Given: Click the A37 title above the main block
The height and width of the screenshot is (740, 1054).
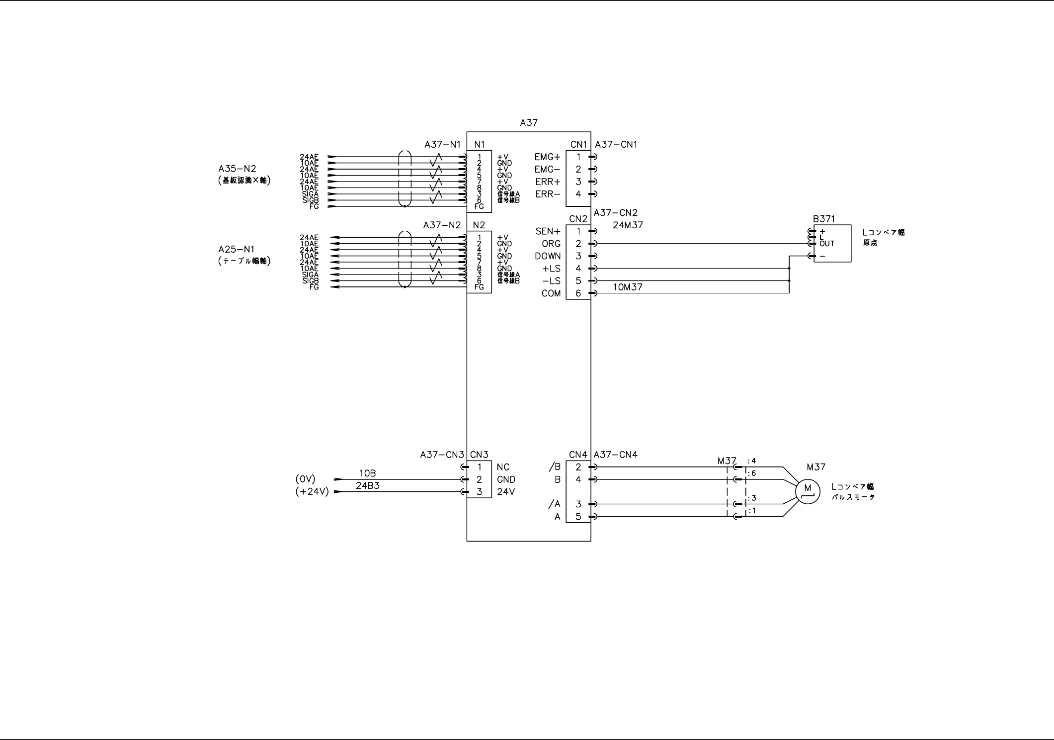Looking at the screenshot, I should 528,122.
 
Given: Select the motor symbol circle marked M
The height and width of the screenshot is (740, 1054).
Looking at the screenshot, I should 807,491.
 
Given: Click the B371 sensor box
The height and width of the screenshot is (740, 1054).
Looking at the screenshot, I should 832,244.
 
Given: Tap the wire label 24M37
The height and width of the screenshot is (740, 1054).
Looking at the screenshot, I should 628,225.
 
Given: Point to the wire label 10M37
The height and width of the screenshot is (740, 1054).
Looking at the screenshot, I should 628,287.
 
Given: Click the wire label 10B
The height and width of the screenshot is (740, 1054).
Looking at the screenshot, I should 368,473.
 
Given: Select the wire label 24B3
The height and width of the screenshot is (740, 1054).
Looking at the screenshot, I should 368,486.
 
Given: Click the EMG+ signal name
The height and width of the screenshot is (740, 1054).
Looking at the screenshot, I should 547,157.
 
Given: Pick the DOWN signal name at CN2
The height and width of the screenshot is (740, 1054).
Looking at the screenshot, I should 548,256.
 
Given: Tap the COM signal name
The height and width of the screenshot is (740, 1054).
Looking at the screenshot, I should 551,293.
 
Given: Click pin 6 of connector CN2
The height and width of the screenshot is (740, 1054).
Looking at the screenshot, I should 578,293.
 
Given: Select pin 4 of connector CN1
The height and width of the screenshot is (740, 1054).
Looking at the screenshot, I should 578,194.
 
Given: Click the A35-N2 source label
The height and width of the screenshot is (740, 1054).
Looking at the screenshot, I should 237,169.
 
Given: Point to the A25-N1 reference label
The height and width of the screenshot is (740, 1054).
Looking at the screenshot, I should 236,249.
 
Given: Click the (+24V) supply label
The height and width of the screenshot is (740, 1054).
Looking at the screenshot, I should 312,492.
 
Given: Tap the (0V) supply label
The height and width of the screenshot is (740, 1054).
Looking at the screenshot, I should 305,479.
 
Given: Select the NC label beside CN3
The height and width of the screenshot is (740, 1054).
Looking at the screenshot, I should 503,467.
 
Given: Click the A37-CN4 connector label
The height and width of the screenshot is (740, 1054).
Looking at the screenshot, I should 615,455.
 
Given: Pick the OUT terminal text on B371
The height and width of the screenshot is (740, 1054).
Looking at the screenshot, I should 827,244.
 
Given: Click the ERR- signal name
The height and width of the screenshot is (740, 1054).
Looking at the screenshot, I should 548,194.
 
